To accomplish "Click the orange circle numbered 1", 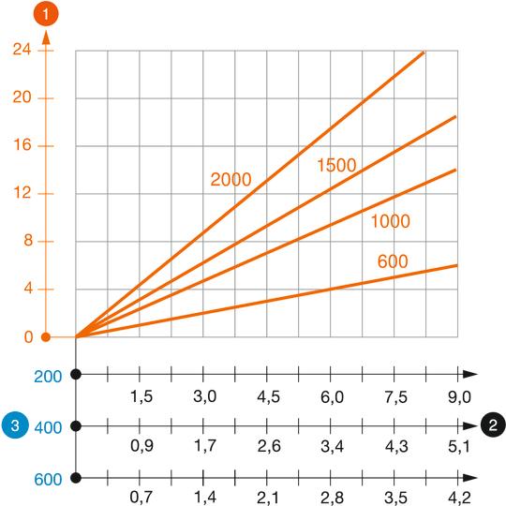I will pos(44,15).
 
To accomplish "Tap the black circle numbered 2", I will pos(492,426).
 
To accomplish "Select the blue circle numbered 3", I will pos(13,426).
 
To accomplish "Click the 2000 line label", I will pos(231,180).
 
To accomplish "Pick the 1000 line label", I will pos(391,222).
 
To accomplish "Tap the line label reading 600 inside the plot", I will pos(394,261).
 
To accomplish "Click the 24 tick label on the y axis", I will pos(21,51).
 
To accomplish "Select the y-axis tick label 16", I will pos(21,146).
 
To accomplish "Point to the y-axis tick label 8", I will pos(25,242).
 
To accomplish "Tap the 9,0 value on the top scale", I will pos(458,396).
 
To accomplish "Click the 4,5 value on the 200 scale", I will pos(267,396).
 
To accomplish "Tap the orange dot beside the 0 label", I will pos(44,337).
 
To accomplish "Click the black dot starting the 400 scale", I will pos(76,426).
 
